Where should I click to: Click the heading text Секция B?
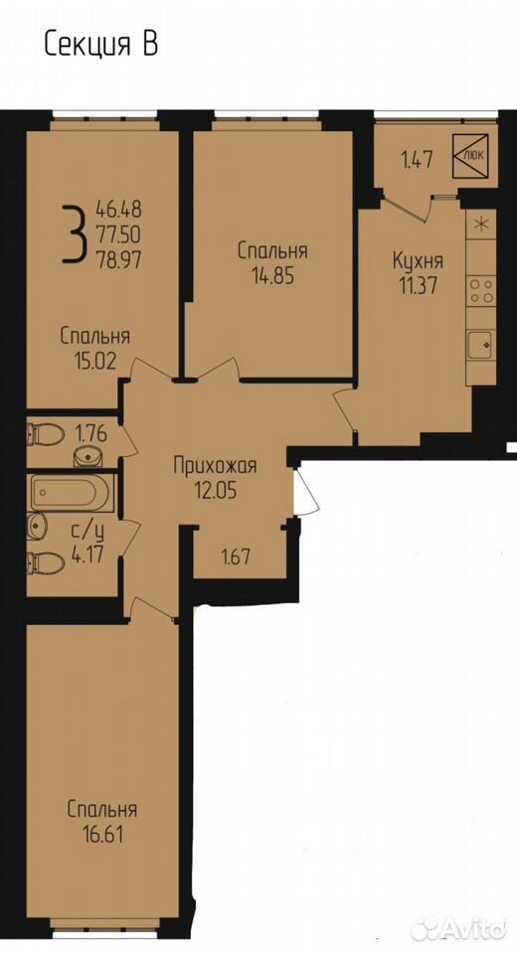101,46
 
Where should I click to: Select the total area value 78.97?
118,259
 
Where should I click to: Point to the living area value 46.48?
118,210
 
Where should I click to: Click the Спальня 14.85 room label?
272,263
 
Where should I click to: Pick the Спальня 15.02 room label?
95,348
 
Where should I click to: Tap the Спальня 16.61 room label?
102,822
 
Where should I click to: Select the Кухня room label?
418,262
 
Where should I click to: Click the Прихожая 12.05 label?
215,478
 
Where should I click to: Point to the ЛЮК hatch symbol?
470,155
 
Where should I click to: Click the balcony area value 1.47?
417,161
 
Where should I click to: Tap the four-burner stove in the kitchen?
481,291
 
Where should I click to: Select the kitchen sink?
481,347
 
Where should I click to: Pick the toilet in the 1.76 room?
46,434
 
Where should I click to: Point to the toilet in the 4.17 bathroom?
46,562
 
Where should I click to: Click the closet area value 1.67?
236,557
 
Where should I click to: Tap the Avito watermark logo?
458,928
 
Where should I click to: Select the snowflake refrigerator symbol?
481,224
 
